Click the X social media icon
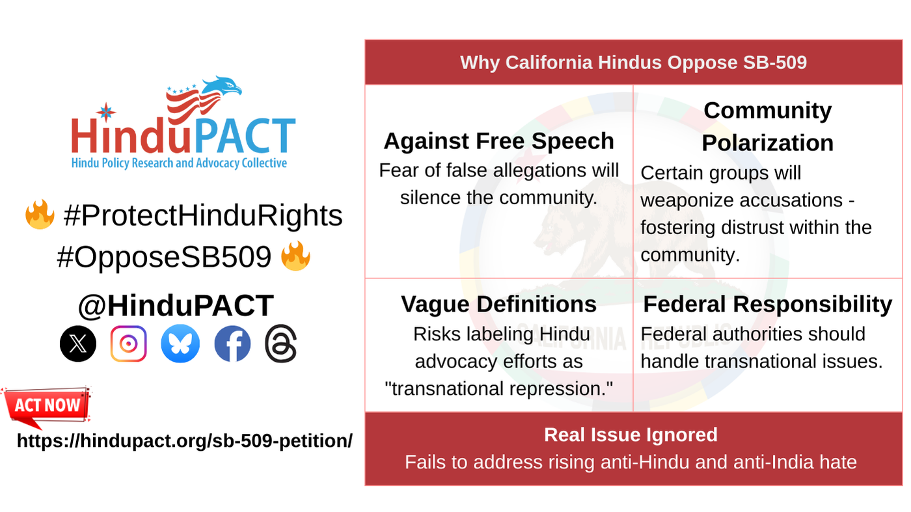click(78, 344)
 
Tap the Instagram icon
click(129, 344)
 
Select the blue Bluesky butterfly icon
click(180, 344)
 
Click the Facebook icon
click(232, 344)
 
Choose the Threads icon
click(281, 344)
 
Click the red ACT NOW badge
click(47, 406)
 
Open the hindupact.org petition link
click(185, 440)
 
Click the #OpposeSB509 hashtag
click(164, 258)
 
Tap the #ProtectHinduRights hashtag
click(202, 215)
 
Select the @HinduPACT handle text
click(176, 305)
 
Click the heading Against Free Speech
click(498, 141)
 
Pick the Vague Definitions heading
click(498, 304)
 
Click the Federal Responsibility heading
click(767, 304)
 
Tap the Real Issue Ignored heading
click(631, 435)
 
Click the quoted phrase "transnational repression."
click(499, 388)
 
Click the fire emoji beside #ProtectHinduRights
click(40, 215)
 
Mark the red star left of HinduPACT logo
click(105, 111)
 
